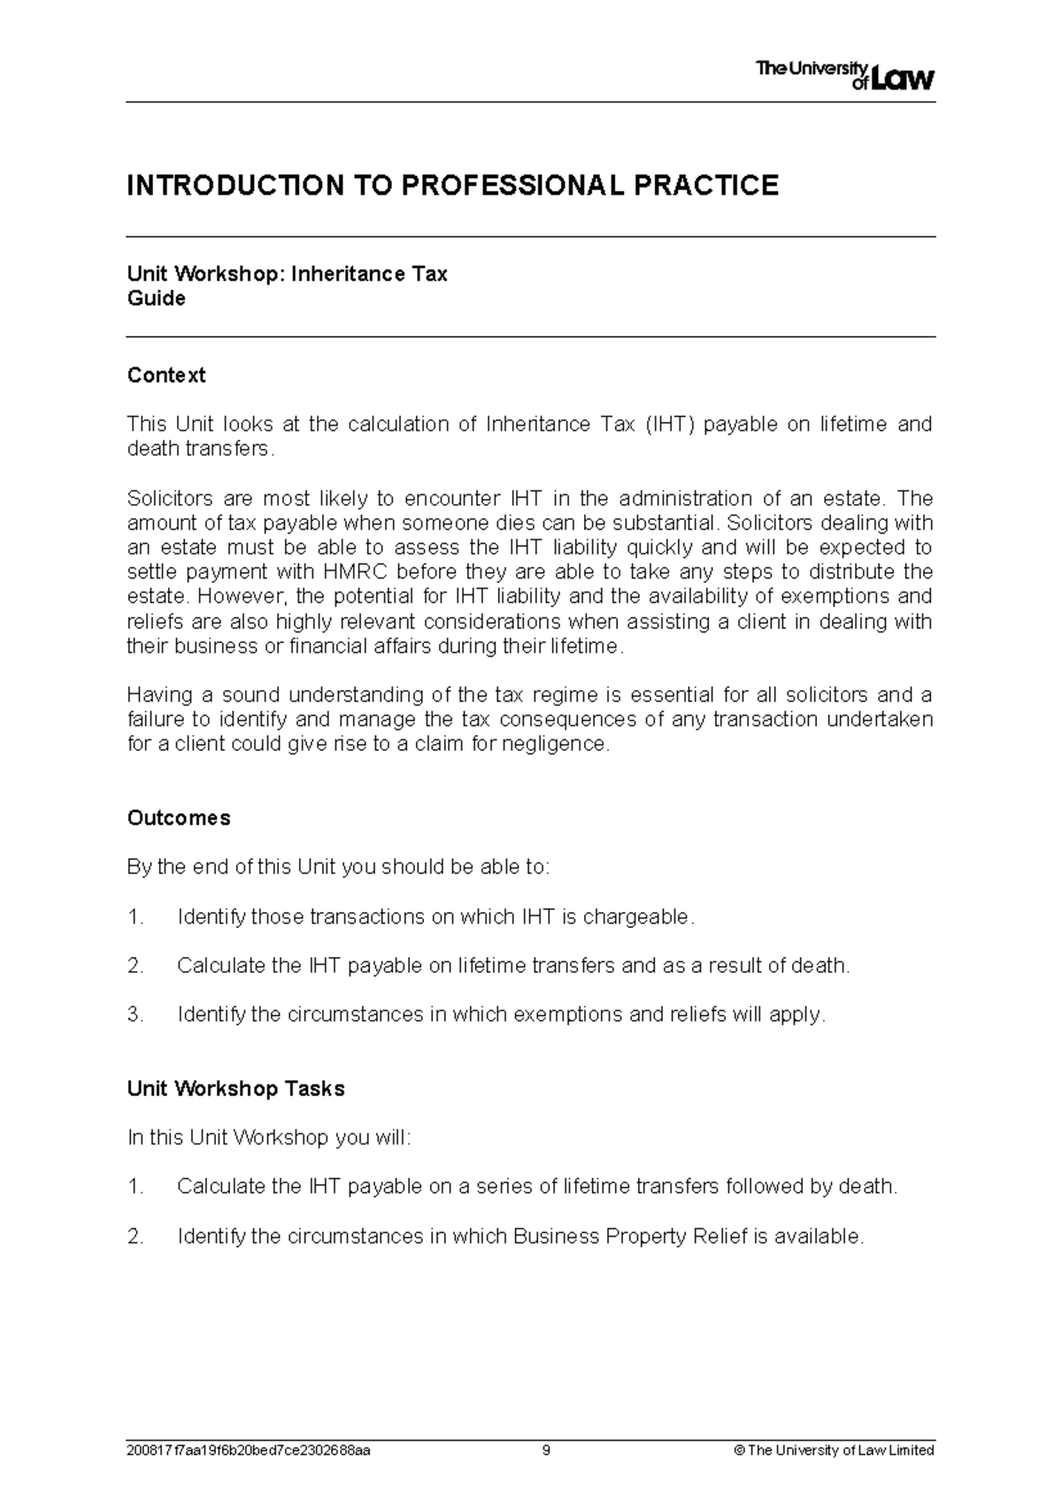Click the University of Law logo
point(844,76)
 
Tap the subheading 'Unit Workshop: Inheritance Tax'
point(288,274)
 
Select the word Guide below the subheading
point(157,299)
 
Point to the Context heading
point(166,375)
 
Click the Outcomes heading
point(179,818)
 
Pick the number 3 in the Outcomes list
point(135,1014)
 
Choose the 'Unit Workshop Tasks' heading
point(236,1089)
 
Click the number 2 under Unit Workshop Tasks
point(135,1236)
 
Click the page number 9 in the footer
point(547,1450)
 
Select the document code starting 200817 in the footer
point(250,1450)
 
